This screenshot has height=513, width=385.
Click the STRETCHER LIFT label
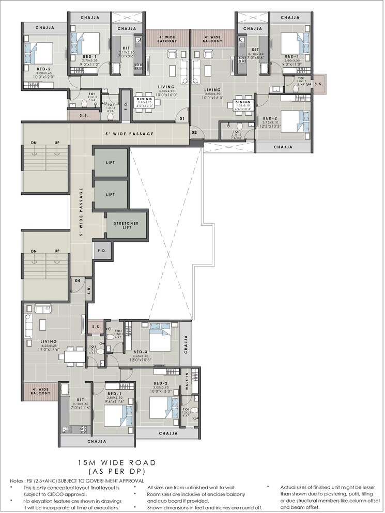(x=126, y=226)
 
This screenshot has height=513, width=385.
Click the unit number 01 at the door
(x=182, y=119)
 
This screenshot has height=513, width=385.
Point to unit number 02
(x=194, y=133)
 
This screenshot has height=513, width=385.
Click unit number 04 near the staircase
(x=77, y=281)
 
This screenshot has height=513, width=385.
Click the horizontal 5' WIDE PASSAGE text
(x=130, y=134)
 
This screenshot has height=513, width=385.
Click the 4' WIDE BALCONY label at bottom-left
(x=40, y=391)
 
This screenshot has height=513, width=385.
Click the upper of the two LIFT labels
(x=110, y=162)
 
